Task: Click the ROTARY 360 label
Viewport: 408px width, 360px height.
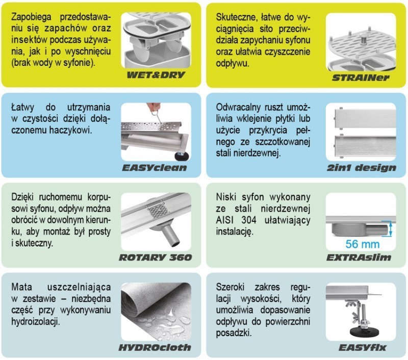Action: tap(155, 257)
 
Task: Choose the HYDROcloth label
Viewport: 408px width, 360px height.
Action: tap(154, 347)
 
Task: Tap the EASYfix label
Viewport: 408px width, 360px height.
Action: tap(364, 347)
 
